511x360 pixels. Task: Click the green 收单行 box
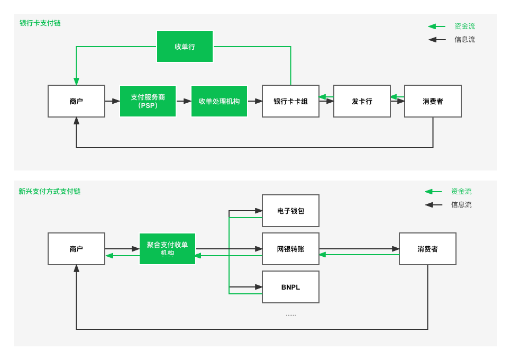click(x=185, y=47)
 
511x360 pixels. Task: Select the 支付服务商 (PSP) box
click(x=148, y=101)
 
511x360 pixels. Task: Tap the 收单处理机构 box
click(x=219, y=101)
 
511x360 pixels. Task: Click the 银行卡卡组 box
click(x=291, y=101)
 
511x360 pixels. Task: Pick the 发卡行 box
click(x=362, y=101)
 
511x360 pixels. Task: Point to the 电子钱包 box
click(x=291, y=211)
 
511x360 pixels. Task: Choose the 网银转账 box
click(x=291, y=249)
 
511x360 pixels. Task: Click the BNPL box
click(x=291, y=287)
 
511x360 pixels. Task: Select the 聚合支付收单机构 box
click(x=168, y=249)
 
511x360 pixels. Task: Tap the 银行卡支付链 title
click(x=40, y=23)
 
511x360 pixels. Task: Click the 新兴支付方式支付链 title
click(x=50, y=191)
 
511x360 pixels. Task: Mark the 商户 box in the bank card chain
click(x=76, y=101)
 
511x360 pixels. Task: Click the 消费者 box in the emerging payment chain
click(x=427, y=249)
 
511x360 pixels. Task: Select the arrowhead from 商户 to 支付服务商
click(x=116, y=101)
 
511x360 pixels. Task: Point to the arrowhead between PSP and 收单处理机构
click(x=187, y=101)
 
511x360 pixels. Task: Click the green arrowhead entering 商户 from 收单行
click(x=76, y=82)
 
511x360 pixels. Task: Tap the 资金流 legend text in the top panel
click(x=465, y=26)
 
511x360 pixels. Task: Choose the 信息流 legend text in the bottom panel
click(x=461, y=204)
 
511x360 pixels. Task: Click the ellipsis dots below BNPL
click(x=291, y=316)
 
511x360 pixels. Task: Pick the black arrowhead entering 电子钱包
click(x=259, y=211)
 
